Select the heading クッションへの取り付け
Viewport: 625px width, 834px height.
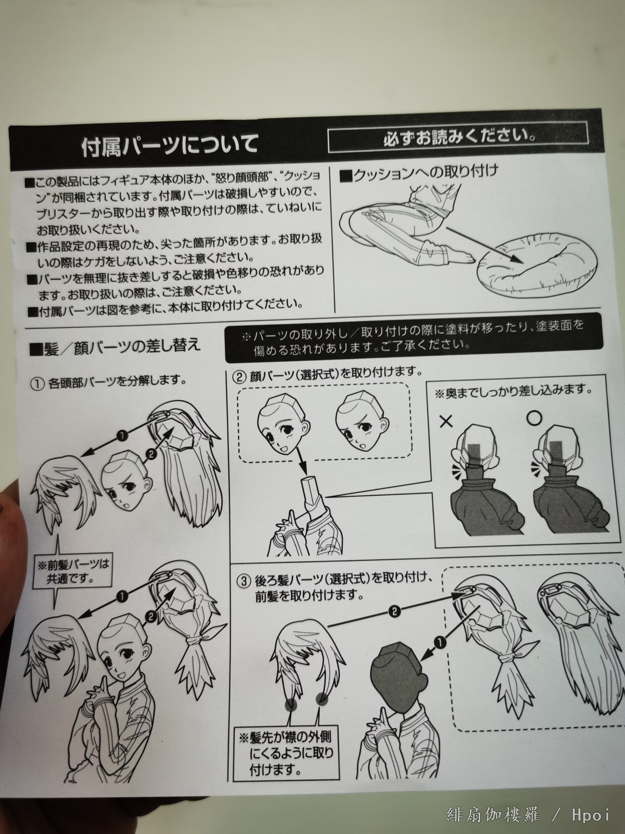coord(418,174)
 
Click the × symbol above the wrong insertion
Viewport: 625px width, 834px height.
coord(446,421)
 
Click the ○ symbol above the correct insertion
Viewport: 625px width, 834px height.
coord(534,418)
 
